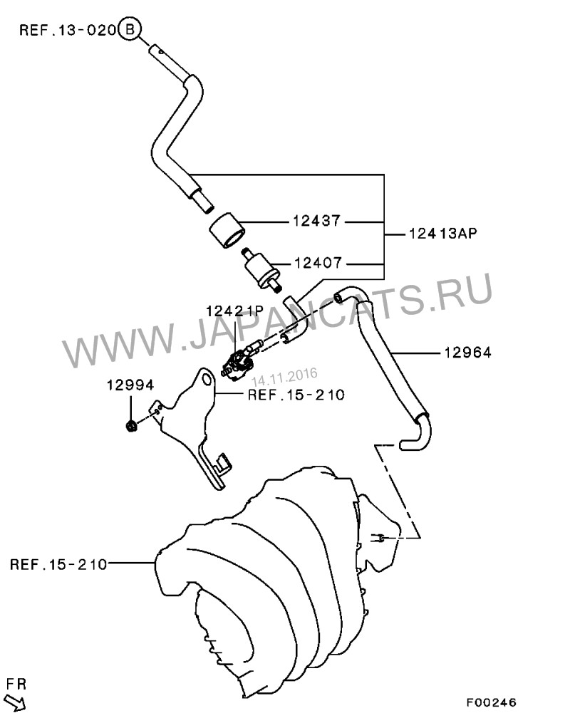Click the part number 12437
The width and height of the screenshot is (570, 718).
tap(317, 222)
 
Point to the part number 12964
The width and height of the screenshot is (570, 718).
tap(467, 352)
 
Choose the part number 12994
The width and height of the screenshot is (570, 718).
tap(130, 385)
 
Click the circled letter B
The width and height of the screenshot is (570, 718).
tap(130, 29)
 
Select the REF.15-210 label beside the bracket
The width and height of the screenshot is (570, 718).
tap(296, 395)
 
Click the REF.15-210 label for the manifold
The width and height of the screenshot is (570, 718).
tap(58, 565)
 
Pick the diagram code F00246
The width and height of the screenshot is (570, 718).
tap(491, 702)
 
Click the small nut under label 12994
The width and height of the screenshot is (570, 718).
tap(130, 426)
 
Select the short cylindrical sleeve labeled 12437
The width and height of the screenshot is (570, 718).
tap(227, 231)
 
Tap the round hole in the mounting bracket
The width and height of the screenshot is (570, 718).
tap(206, 380)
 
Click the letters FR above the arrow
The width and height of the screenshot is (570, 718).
tap(16, 685)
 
